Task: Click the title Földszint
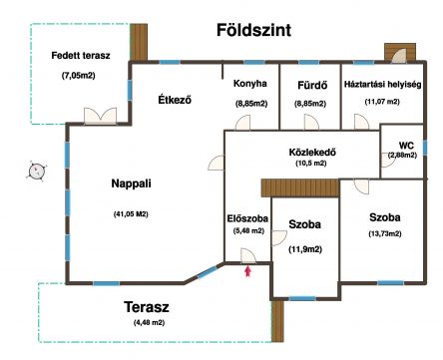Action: pos(253,30)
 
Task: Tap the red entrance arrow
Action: pos(247,271)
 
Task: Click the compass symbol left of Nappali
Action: pos(36,172)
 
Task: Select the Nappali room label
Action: pos(131,183)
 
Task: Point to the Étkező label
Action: pos(175,100)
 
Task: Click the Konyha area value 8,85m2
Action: pos(251,104)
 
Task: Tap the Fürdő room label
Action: pos(312,86)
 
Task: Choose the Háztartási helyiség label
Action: pos(382,85)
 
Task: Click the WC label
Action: pos(406,146)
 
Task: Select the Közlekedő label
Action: pos(312,153)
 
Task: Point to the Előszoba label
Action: pos(247,218)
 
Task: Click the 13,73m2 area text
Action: pos(385,233)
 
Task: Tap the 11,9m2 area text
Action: pos(305,249)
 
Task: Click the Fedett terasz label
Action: pos(81,56)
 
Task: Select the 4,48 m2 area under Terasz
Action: pos(149,322)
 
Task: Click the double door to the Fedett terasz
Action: pos(100,116)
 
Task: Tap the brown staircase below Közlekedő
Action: pos(300,187)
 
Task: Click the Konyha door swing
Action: pos(242,123)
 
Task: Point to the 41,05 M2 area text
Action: pos(131,214)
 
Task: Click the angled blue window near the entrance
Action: pos(207,272)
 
